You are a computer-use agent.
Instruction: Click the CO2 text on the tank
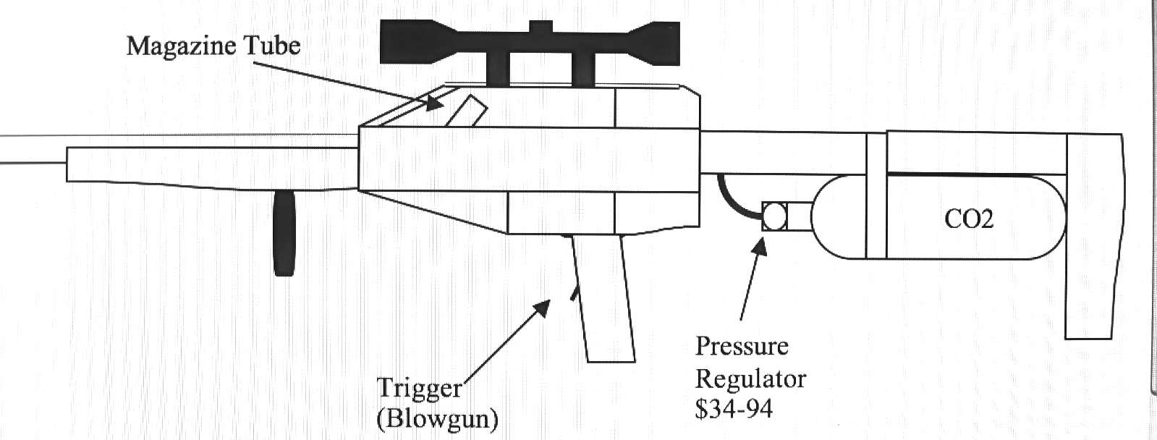969,219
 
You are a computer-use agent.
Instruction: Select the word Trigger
419,389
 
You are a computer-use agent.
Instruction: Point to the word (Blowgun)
437,419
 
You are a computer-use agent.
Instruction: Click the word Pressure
741,346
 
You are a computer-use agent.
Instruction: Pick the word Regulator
750,378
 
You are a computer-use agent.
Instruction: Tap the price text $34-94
733,409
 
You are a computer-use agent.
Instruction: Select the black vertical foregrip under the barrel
284,233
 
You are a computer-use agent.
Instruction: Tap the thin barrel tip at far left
29,150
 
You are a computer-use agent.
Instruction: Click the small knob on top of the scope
541,25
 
